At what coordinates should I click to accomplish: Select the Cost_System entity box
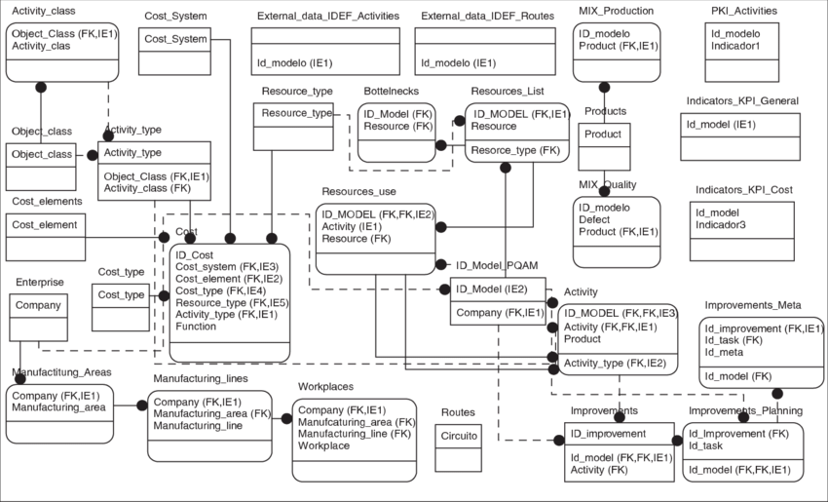coord(175,39)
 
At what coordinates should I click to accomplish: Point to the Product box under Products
coord(604,134)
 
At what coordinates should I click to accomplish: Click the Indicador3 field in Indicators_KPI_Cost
coord(721,225)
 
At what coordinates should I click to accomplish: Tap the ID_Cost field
coord(194,254)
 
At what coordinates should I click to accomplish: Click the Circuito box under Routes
coord(459,436)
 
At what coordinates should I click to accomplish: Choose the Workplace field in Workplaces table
coord(323,445)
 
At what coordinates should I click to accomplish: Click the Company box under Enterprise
coord(38,305)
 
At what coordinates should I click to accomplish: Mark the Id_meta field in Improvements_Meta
coord(725,353)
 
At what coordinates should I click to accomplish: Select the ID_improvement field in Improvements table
coord(608,433)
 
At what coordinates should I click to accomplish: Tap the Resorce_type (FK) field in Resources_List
coord(515,151)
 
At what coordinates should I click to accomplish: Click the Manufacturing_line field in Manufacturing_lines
coord(198,426)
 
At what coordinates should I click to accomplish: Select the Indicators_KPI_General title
coord(741,100)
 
